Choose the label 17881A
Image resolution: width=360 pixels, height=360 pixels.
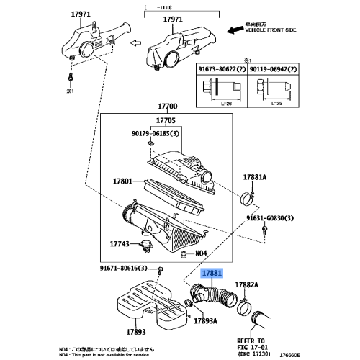pos(255,177)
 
